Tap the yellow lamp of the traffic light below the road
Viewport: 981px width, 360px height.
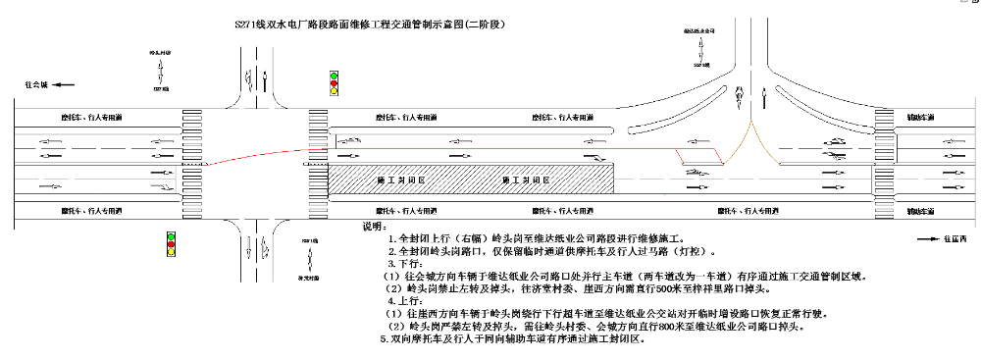[x=171, y=253]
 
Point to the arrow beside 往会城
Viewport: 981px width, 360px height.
[x=64, y=86]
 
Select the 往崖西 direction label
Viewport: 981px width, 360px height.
[x=955, y=238]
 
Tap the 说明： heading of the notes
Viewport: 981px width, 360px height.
[x=375, y=227]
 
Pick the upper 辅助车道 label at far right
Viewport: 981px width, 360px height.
[x=920, y=117]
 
